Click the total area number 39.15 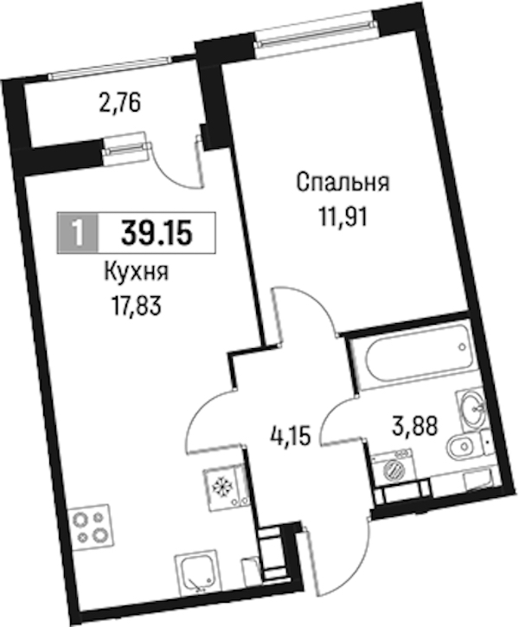tap(157, 233)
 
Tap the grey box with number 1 tap(78, 233)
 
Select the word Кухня tap(137, 274)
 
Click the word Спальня tap(343, 184)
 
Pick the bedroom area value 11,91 tap(343, 218)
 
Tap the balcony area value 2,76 tap(120, 104)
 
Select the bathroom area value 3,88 tap(415, 425)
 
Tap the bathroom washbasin tap(471, 410)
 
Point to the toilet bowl tap(464, 447)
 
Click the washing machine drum tap(394, 469)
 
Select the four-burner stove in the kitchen tap(90, 527)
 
